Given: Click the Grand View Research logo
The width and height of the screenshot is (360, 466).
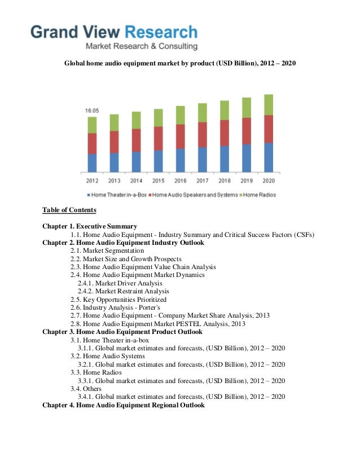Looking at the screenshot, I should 114,37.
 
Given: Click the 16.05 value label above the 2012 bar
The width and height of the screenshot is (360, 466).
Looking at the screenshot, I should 92,111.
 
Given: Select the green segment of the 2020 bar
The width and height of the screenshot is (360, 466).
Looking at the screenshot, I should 269,104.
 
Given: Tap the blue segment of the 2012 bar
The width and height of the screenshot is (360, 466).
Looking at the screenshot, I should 92,162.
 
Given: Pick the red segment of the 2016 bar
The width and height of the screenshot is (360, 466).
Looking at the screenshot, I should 180,136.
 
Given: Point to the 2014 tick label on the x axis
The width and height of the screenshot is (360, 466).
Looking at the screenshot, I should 136,181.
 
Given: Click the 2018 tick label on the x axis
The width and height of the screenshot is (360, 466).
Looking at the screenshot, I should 225,181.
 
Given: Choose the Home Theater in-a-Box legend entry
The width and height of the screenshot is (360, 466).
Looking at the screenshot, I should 117,195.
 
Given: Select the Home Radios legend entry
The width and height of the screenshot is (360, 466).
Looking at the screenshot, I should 257,195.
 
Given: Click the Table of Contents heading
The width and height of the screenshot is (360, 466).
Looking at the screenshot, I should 69,210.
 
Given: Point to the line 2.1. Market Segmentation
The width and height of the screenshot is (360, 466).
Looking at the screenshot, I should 107,250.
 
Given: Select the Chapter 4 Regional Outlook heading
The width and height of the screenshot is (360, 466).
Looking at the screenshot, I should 124,405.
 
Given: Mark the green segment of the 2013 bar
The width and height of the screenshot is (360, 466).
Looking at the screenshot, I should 114,122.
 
